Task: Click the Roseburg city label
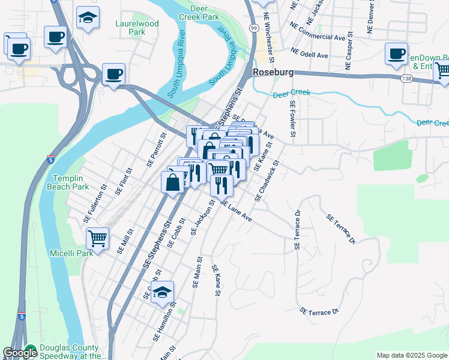tap(273, 72)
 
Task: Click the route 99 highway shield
tap(254, 28)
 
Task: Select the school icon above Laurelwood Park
tap(88, 18)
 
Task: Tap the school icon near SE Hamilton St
tap(162, 293)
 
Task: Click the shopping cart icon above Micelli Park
tap(97, 238)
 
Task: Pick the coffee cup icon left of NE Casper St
tap(396, 54)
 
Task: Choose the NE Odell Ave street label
tap(309, 52)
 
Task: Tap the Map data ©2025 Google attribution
tap(411, 355)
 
